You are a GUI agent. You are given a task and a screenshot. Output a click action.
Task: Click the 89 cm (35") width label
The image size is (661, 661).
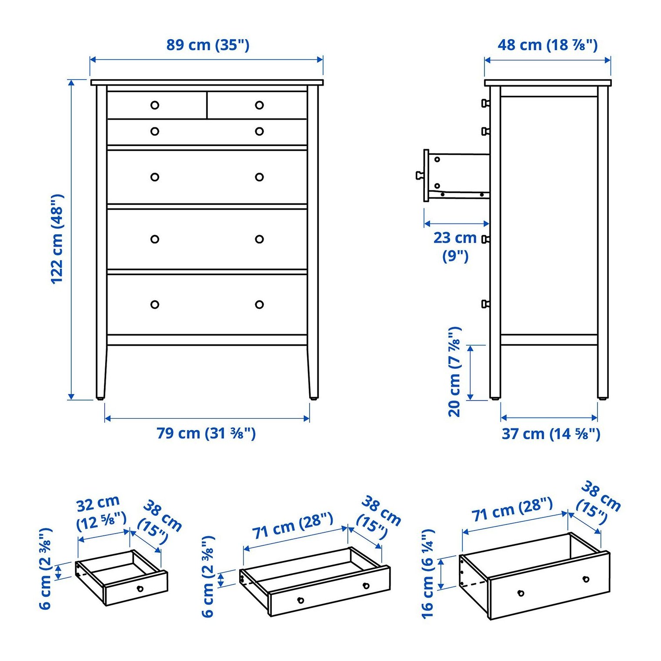point(208,45)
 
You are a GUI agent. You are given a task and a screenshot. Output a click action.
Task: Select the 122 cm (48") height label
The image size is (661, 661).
point(57,239)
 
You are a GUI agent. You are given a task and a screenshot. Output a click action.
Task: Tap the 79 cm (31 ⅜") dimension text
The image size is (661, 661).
point(206,433)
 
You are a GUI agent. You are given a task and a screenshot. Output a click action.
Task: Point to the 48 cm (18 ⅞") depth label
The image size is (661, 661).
point(547,45)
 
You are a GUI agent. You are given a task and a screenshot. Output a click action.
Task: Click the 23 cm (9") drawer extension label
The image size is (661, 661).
point(455,246)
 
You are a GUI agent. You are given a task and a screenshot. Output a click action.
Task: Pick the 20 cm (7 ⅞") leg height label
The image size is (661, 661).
point(454,372)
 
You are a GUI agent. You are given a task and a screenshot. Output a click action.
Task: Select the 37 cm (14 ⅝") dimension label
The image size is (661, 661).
point(551,434)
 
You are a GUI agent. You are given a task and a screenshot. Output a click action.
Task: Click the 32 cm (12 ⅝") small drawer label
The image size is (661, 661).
point(101,513)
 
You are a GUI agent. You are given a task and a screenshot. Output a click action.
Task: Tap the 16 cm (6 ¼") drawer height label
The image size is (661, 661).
point(428,574)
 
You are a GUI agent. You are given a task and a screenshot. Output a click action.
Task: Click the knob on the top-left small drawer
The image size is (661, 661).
point(155,105)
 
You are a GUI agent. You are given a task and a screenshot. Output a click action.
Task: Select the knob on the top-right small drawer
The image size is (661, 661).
point(260,105)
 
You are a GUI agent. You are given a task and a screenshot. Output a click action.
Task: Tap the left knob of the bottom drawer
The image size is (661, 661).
point(155,304)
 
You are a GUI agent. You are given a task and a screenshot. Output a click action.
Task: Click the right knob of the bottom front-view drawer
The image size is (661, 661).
point(260,304)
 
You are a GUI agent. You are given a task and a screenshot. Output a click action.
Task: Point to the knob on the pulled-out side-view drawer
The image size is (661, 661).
point(420,175)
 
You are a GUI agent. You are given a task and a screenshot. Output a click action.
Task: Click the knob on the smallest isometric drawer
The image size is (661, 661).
point(140,588)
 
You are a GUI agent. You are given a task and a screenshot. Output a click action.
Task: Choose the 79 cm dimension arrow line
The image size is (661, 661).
point(207,418)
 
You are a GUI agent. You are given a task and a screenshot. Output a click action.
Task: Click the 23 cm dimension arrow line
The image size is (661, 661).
point(457,224)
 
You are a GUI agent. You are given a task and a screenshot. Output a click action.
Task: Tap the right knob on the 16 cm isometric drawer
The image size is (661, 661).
point(586,579)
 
